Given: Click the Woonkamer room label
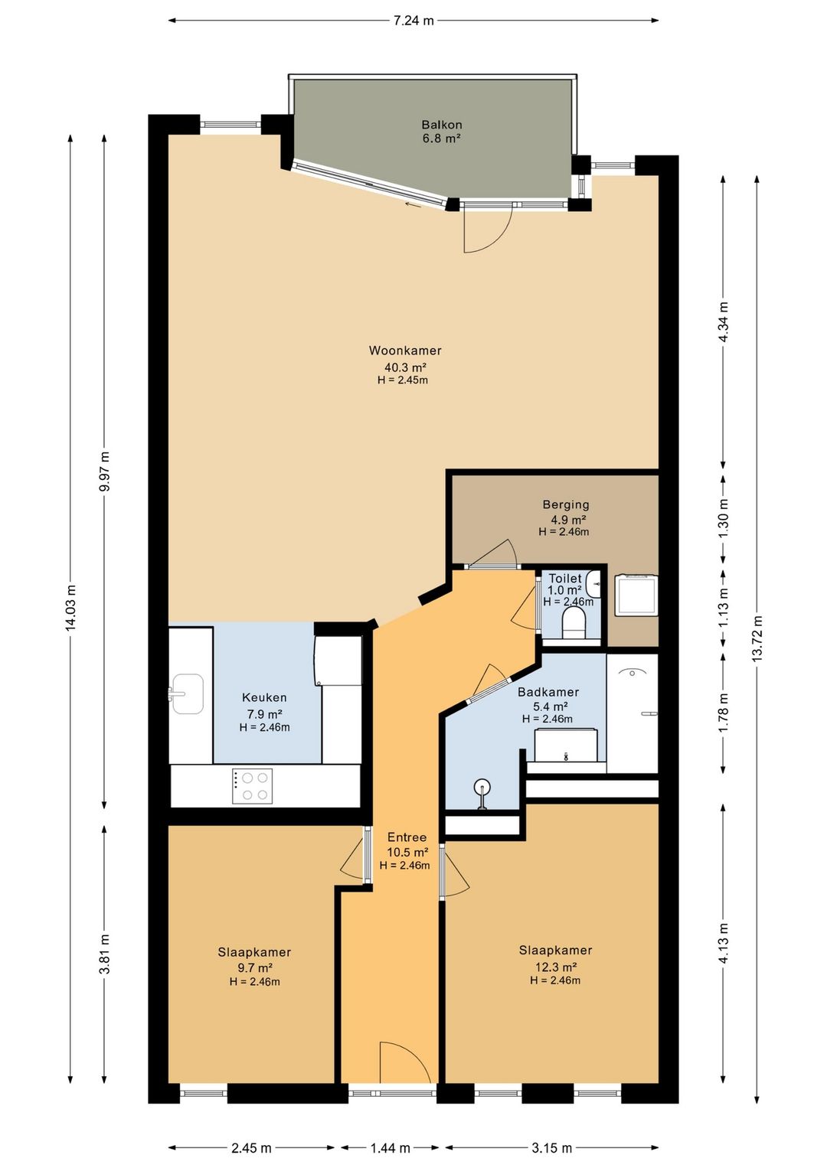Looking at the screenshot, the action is (405, 351).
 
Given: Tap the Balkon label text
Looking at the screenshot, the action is (441, 126).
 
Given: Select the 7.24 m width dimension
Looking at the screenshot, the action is (413, 21).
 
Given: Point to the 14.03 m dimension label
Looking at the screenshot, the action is (71, 608).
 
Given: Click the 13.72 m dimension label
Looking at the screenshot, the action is (757, 639).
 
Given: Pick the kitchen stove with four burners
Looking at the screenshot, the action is (252, 786).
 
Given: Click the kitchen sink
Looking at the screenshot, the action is (186, 693).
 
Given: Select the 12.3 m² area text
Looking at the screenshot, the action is (556, 967).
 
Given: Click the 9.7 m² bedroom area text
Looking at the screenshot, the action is (255, 968).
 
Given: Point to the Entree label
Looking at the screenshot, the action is (407, 837).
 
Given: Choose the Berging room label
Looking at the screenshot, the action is (566, 504).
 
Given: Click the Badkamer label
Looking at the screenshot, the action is (548, 692).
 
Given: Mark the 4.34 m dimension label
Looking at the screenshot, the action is (724, 321).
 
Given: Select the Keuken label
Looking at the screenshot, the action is (264, 697).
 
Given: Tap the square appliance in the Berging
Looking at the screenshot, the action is (636, 595).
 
